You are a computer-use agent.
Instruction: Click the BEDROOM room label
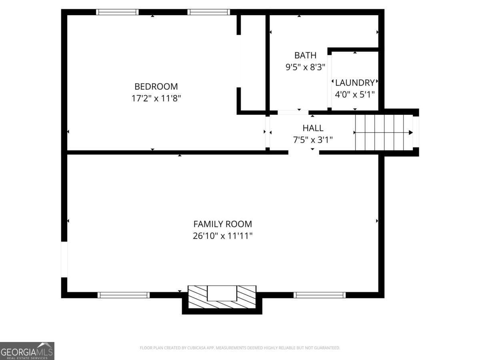coord(156,86)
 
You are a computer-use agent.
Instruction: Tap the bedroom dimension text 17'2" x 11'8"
coord(156,98)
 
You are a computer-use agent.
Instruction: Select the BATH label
coord(305,55)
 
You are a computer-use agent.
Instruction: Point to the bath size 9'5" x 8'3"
coord(305,67)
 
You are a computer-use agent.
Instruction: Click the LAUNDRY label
coord(355,83)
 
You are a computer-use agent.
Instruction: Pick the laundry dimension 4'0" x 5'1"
coord(355,94)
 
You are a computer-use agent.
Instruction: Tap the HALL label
coord(313,128)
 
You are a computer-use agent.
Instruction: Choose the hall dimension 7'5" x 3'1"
coord(313,140)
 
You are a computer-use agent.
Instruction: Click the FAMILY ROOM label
coord(223,224)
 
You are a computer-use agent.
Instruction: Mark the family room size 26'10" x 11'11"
coord(223,236)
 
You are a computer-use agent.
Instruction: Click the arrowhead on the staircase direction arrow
coord(410,132)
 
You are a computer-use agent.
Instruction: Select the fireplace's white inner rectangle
coord(222,293)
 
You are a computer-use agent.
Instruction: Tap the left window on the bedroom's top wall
coord(118,12)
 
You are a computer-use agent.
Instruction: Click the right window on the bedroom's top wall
coord(209,12)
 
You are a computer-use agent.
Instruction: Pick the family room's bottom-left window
coord(124,295)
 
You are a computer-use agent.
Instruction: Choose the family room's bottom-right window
coord(320,295)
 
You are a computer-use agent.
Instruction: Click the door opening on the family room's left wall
coord(64,260)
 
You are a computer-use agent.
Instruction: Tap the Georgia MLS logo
coord(27,351)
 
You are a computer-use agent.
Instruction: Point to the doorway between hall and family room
coord(304,152)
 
